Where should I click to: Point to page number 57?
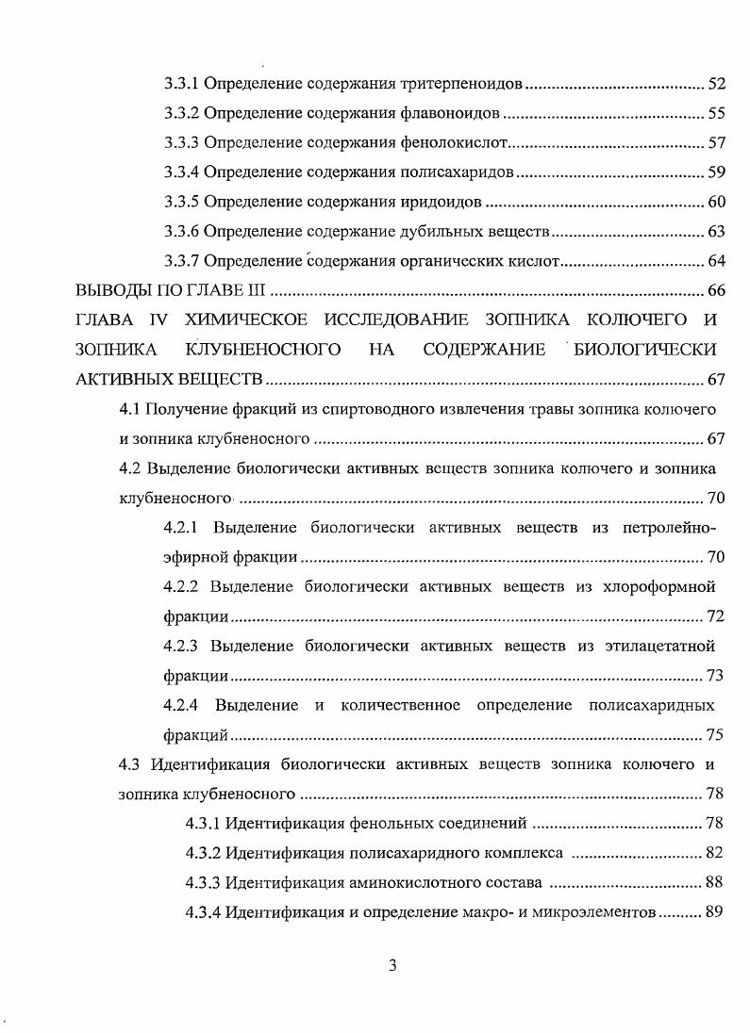[x=716, y=143]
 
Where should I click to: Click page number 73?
[x=716, y=675]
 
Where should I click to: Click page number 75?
[x=716, y=734]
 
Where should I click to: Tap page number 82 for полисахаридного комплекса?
[x=715, y=853]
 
